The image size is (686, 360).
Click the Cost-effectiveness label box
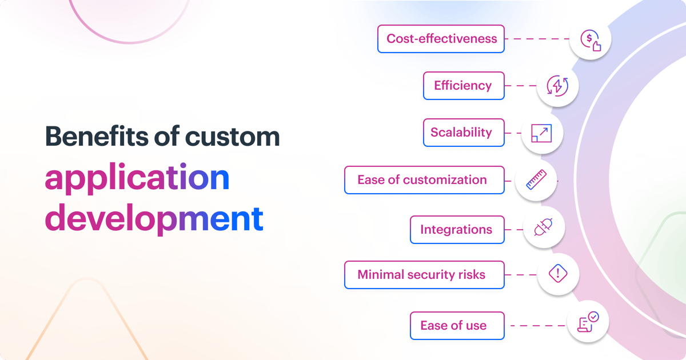[x=441, y=39]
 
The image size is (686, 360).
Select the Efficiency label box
[x=464, y=86]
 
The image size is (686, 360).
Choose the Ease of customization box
[x=424, y=180]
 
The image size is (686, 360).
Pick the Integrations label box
[x=457, y=230]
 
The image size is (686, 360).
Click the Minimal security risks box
[x=424, y=275]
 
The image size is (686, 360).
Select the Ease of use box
[x=457, y=326]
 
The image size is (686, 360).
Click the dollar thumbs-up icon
[x=591, y=40]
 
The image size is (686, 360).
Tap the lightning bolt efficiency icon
[x=557, y=86]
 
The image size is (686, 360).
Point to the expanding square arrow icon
[x=541, y=133]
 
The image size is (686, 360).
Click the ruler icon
[x=535, y=181]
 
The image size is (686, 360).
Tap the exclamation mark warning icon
[x=557, y=274]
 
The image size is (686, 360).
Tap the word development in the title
[x=154, y=218]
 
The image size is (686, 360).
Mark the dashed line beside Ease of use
[x=537, y=326]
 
